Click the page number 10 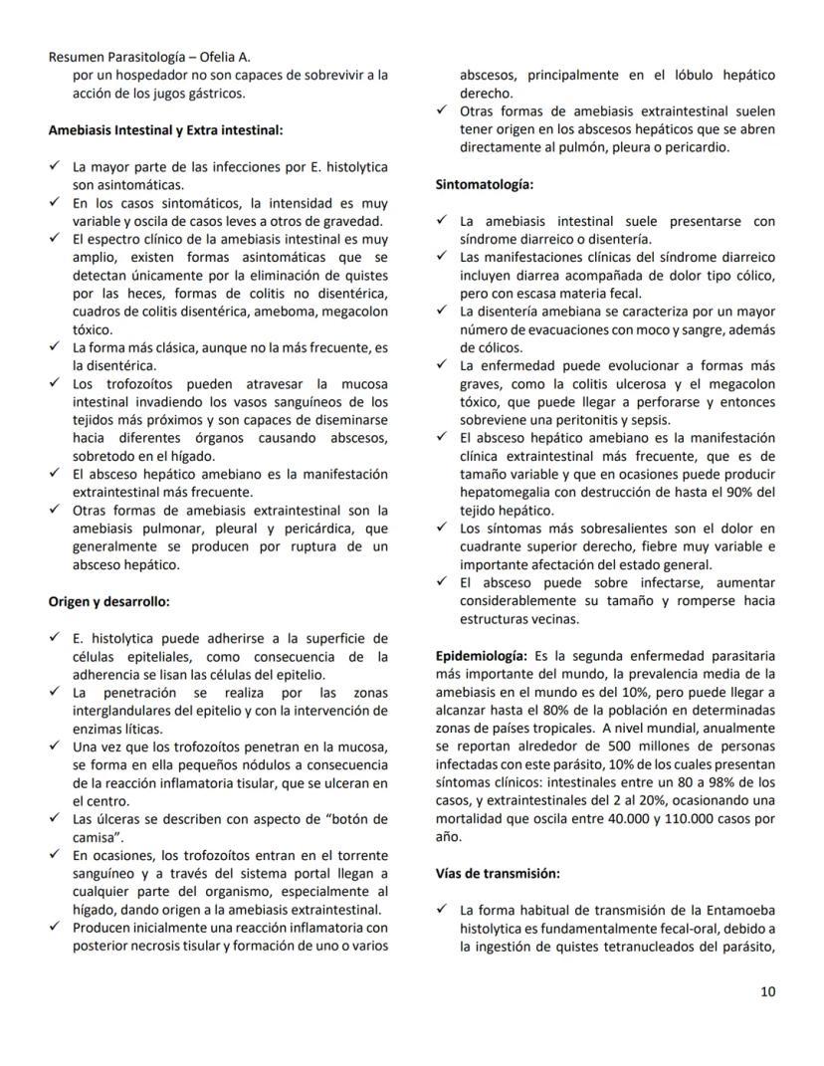click(767, 991)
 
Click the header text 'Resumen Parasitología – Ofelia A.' click(149, 57)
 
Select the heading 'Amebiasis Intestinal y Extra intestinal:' click(165, 129)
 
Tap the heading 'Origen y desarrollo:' click(109, 601)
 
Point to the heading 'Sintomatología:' click(484, 184)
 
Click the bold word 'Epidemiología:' click(482, 656)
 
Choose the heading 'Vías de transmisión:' click(498, 873)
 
